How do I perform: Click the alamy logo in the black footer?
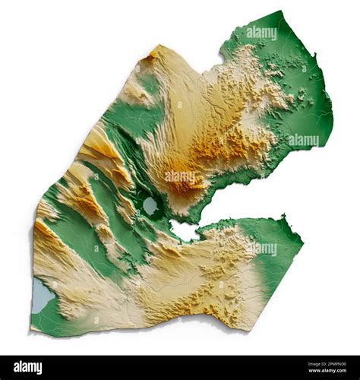coord(27,367)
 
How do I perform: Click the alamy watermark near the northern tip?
coord(261,33)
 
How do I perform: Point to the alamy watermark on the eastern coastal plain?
coord(303,141)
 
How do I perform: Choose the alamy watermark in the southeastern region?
coord(261,249)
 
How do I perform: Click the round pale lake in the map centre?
coord(150,205)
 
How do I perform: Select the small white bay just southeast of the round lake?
coord(183,230)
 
